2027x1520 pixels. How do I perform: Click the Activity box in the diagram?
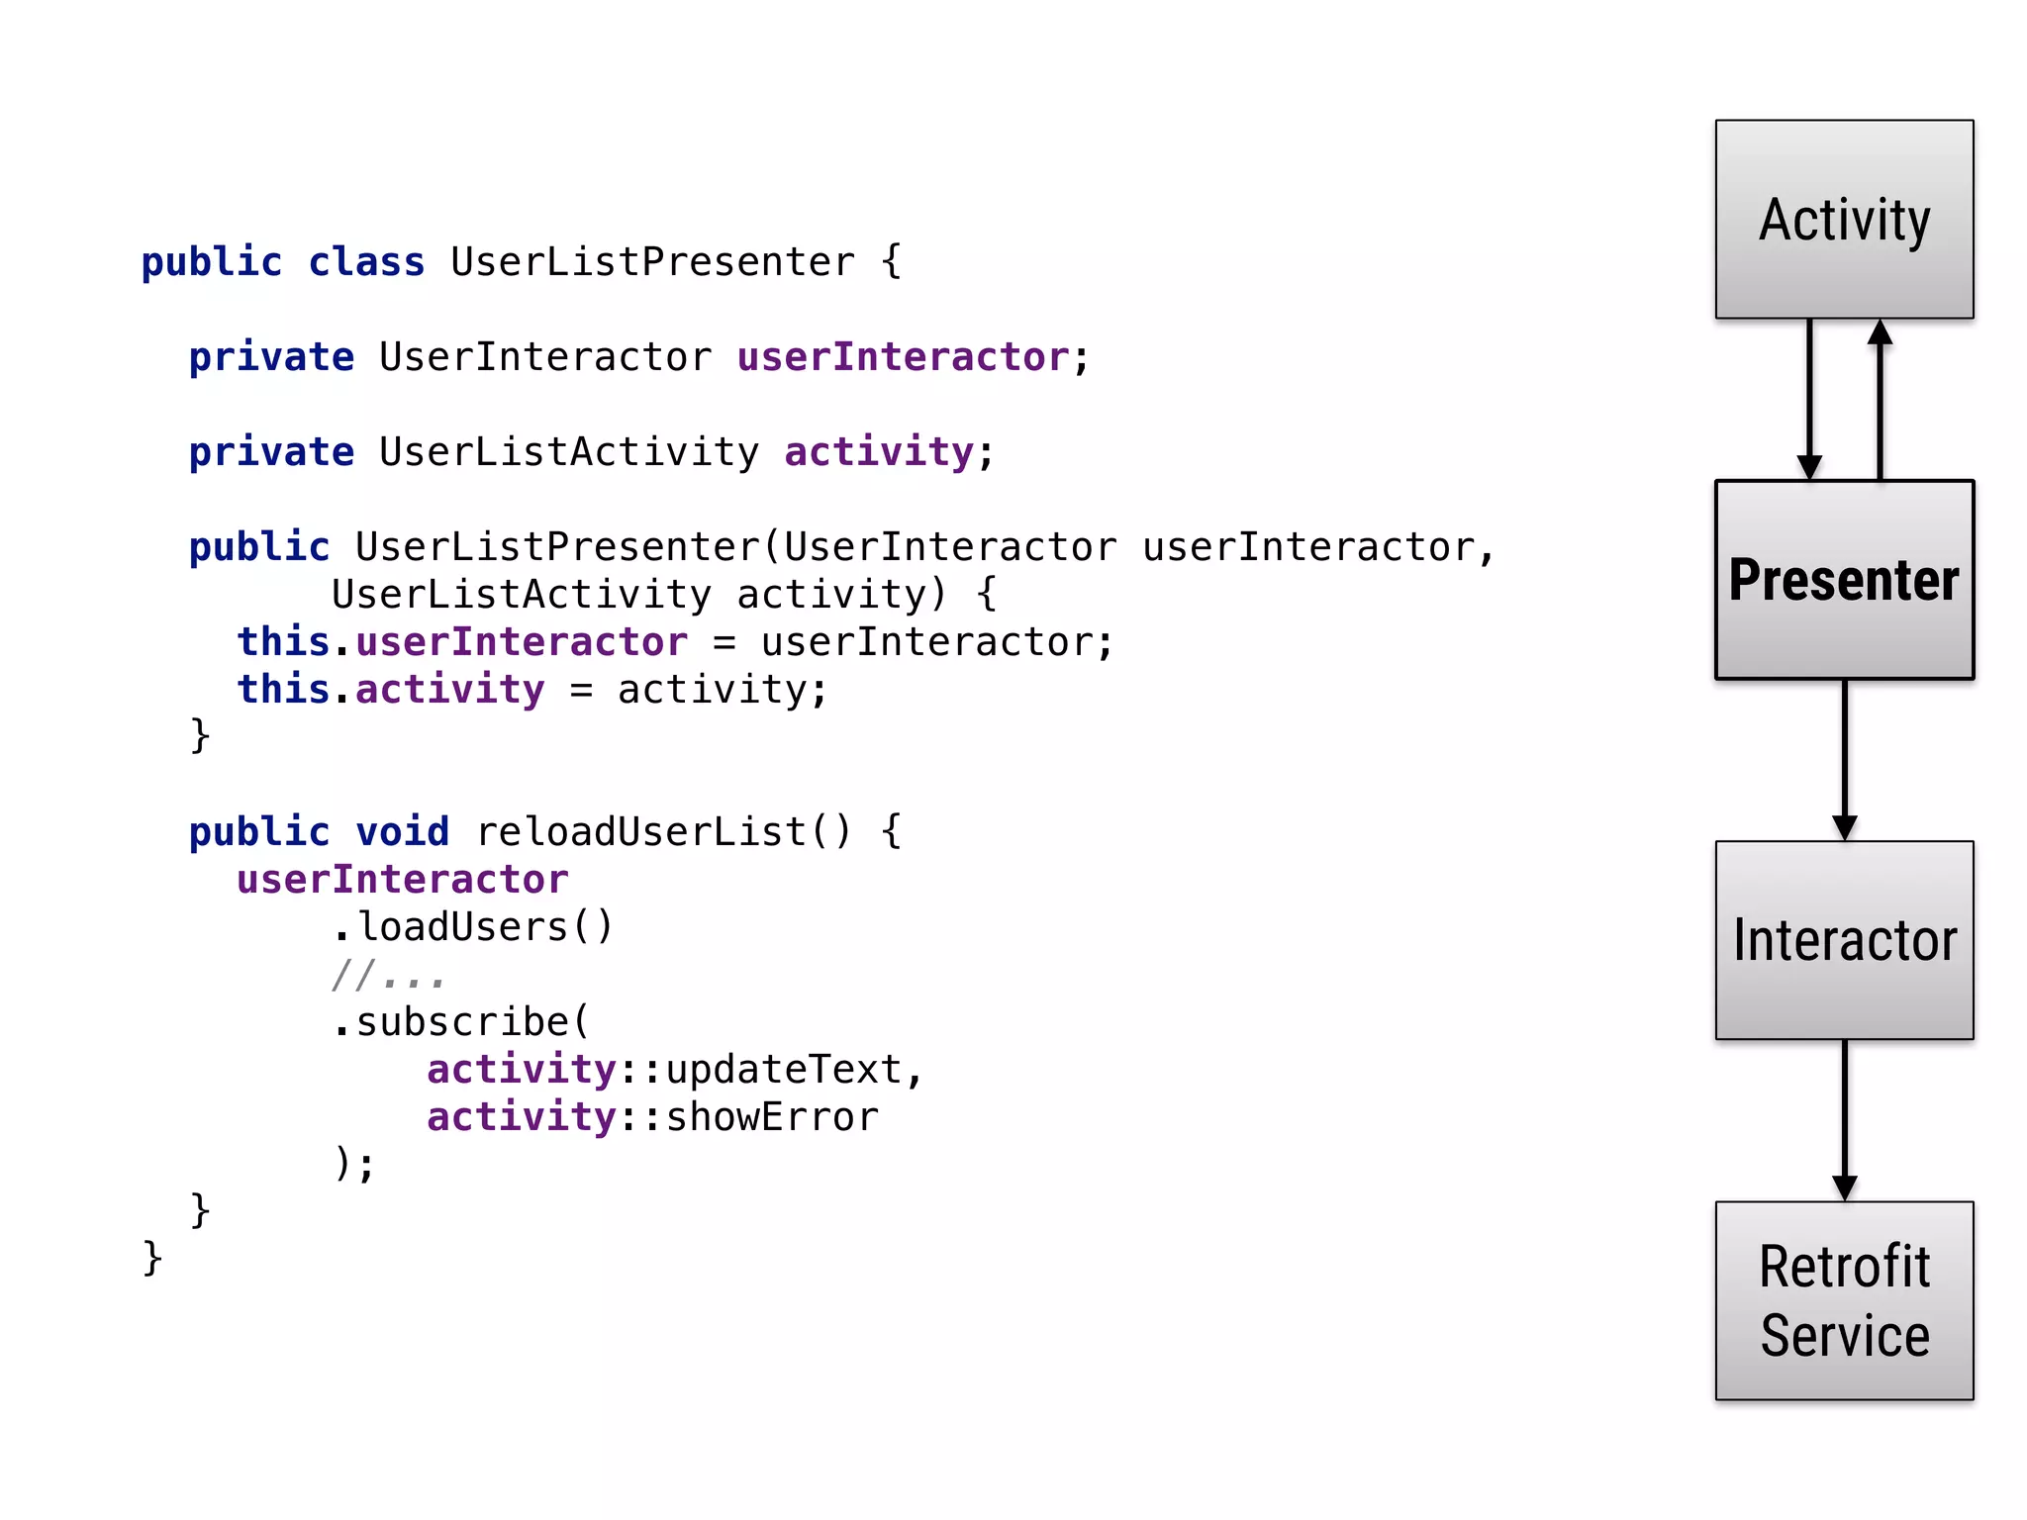(x=1844, y=219)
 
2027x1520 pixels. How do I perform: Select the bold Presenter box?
(x=1844, y=580)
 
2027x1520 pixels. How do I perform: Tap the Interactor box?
(x=1844, y=940)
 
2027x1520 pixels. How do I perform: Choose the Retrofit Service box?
(x=1844, y=1300)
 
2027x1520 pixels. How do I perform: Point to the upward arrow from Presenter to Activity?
(x=1880, y=400)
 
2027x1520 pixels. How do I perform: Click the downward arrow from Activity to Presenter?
(x=1809, y=400)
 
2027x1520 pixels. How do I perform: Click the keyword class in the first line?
(x=366, y=262)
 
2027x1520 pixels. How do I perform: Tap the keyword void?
(x=402, y=831)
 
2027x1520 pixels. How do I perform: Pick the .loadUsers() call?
(x=473, y=927)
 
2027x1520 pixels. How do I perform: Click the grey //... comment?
(x=388, y=976)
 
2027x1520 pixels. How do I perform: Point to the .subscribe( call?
(x=461, y=1022)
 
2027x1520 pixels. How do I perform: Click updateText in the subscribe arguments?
(x=784, y=1070)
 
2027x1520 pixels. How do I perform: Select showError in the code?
(x=772, y=1117)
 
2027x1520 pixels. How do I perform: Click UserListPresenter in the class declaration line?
(x=652, y=262)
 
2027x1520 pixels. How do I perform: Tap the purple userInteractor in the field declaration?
(x=903, y=357)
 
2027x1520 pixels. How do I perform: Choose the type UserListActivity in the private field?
(x=569, y=452)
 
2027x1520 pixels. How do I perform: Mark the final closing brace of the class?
(x=152, y=1258)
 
